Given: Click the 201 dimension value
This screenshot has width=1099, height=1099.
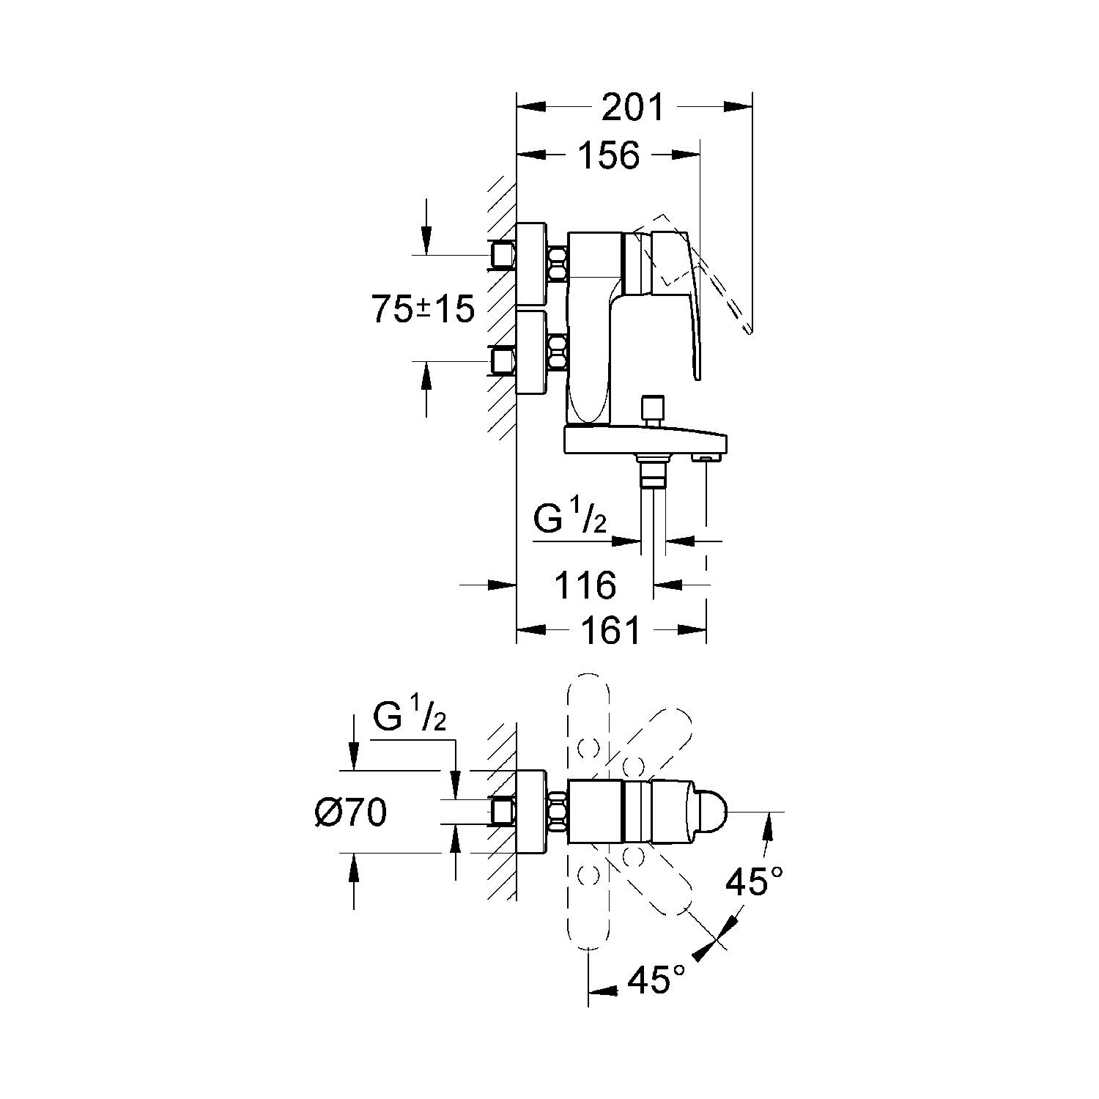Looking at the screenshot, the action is tap(632, 107).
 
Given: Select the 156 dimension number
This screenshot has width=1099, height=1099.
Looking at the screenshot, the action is tap(609, 155).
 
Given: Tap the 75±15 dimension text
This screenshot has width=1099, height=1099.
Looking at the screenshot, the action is tap(423, 309).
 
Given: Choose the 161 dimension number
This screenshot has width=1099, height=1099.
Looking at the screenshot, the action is tap(610, 629).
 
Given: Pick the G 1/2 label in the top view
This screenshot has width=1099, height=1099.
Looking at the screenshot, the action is tap(408, 716).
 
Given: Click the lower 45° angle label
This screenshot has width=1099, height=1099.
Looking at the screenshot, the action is tap(656, 980).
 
